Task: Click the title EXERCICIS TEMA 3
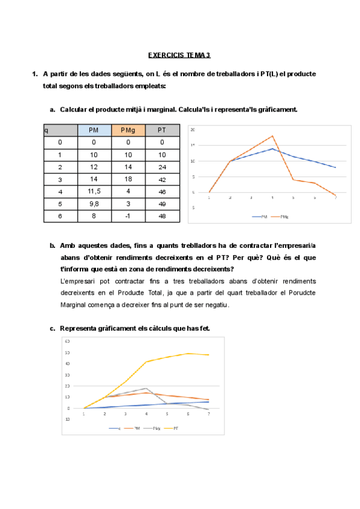pyautogui.click(x=179, y=55)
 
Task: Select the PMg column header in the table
pyautogui.click(x=128, y=130)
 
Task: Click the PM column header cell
pyautogui.click(x=94, y=130)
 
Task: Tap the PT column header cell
pyautogui.click(x=162, y=130)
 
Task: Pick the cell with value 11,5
pyautogui.click(x=94, y=191)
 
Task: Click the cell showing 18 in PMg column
pyautogui.click(x=128, y=179)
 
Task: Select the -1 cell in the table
pyautogui.click(x=128, y=215)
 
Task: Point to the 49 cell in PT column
pyautogui.click(x=162, y=203)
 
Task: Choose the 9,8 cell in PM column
pyautogui.click(x=94, y=203)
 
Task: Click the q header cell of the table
pyautogui.click(x=60, y=130)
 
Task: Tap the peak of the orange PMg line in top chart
pyautogui.click(x=272, y=136)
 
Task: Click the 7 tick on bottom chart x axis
pyautogui.click(x=209, y=414)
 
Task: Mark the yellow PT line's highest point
pyautogui.click(x=188, y=354)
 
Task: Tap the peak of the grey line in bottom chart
pyautogui.click(x=146, y=388)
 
